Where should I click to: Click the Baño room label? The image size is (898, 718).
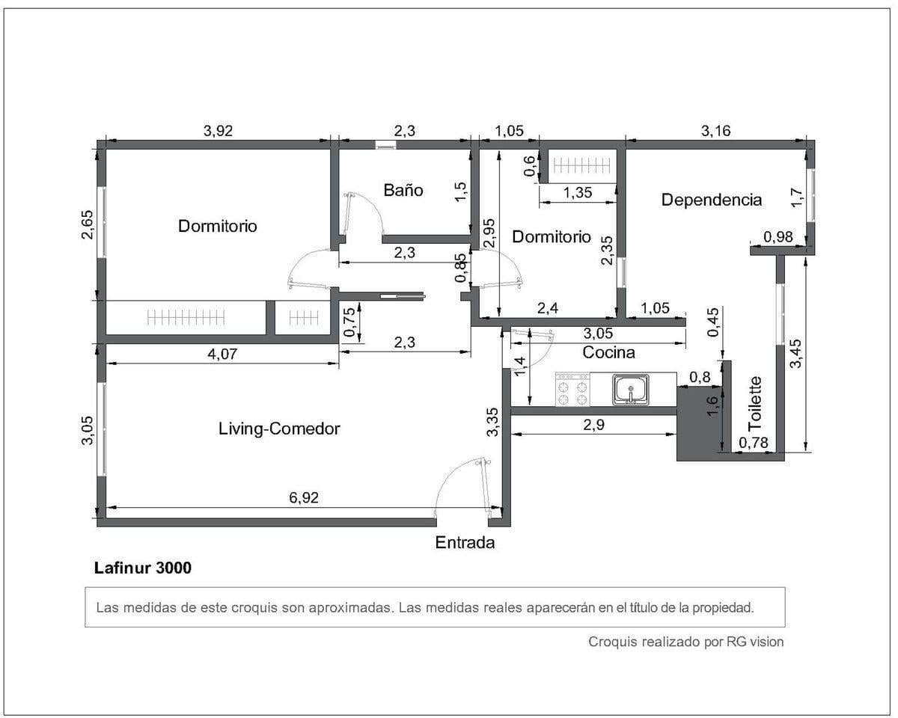coord(403,190)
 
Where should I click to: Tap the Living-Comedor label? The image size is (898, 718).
coord(279,429)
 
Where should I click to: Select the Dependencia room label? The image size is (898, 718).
coord(712,200)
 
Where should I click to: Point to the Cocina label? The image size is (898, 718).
coord(608,352)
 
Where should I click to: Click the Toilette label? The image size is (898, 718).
coord(755,403)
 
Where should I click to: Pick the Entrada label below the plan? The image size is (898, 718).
coord(465,542)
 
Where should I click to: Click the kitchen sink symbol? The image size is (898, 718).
coord(631,390)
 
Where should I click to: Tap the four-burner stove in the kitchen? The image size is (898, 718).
coord(572,389)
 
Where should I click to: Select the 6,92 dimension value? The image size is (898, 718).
coord(304,497)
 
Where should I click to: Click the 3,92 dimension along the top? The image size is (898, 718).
coord(218,131)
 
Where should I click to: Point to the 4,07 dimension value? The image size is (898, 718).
coord(222,355)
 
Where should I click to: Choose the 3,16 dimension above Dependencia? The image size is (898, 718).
coord(715,131)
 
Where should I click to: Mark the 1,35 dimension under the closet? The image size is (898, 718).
coord(578,193)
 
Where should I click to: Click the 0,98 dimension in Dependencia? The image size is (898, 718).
coord(778,237)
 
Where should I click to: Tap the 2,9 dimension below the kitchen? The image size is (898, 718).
coord(593,425)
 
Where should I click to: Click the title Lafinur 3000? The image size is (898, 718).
coord(143,568)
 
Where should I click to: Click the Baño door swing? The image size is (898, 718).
coord(363,214)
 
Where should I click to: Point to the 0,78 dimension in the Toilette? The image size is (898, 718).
coord(754,442)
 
